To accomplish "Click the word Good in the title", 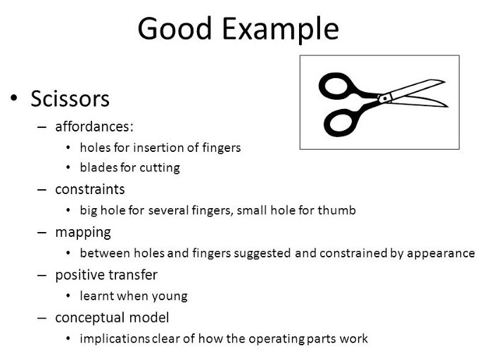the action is (174, 28).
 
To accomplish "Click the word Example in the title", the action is (280, 30).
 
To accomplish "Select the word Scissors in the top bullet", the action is (70, 99).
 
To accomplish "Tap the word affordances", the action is (92, 127).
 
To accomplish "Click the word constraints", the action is (90, 190).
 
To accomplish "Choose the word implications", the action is (115, 339).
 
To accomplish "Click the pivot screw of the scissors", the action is (385, 98).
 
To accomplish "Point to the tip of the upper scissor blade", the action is (445, 82).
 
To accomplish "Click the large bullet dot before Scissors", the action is (14, 98).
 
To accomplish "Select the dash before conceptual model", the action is (42, 319).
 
